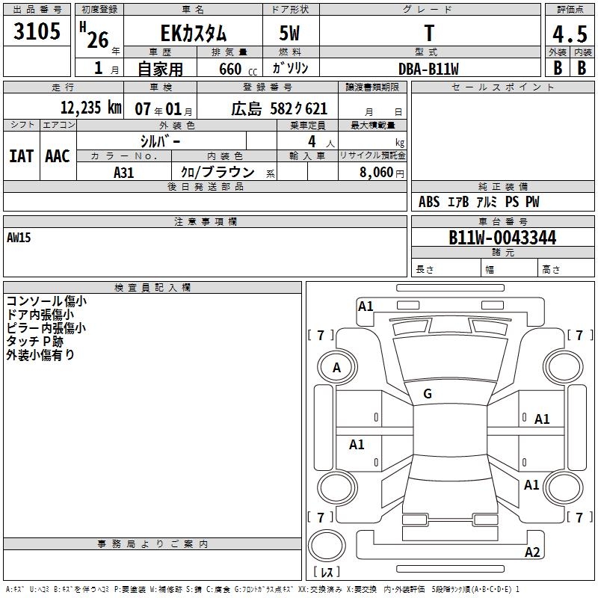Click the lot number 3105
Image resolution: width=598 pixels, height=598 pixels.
(x=37, y=31)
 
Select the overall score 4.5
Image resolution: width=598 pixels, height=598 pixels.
(x=570, y=34)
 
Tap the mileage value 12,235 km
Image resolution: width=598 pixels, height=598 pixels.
(x=91, y=108)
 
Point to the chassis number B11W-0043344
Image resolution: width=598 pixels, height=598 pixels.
(x=502, y=238)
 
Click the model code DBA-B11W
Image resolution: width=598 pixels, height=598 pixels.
(x=428, y=69)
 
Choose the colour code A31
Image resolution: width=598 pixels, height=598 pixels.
(x=124, y=173)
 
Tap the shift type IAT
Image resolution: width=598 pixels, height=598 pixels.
(x=22, y=156)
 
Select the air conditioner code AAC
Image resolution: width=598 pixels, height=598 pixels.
(x=58, y=156)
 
